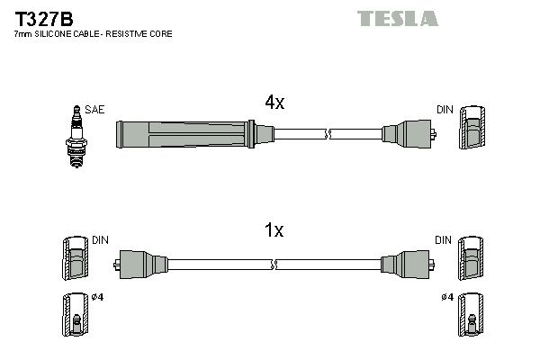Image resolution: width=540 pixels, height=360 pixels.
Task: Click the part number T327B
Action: point(43,17)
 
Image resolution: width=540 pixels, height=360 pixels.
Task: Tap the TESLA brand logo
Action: point(397,18)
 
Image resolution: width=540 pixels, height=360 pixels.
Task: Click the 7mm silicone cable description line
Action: point(93,33)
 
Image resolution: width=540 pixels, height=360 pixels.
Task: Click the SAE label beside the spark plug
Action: point(95,110)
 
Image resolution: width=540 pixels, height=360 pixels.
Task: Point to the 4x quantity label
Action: point(274,103)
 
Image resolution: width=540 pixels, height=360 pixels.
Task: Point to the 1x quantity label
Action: point(274,230)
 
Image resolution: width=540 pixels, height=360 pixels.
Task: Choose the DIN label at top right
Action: point(445,110)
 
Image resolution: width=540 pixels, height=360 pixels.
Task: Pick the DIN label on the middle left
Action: point(100,240)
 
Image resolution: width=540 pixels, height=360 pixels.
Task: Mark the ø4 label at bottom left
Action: point(98,298)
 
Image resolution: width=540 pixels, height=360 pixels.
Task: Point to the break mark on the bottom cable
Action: point(274,265)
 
